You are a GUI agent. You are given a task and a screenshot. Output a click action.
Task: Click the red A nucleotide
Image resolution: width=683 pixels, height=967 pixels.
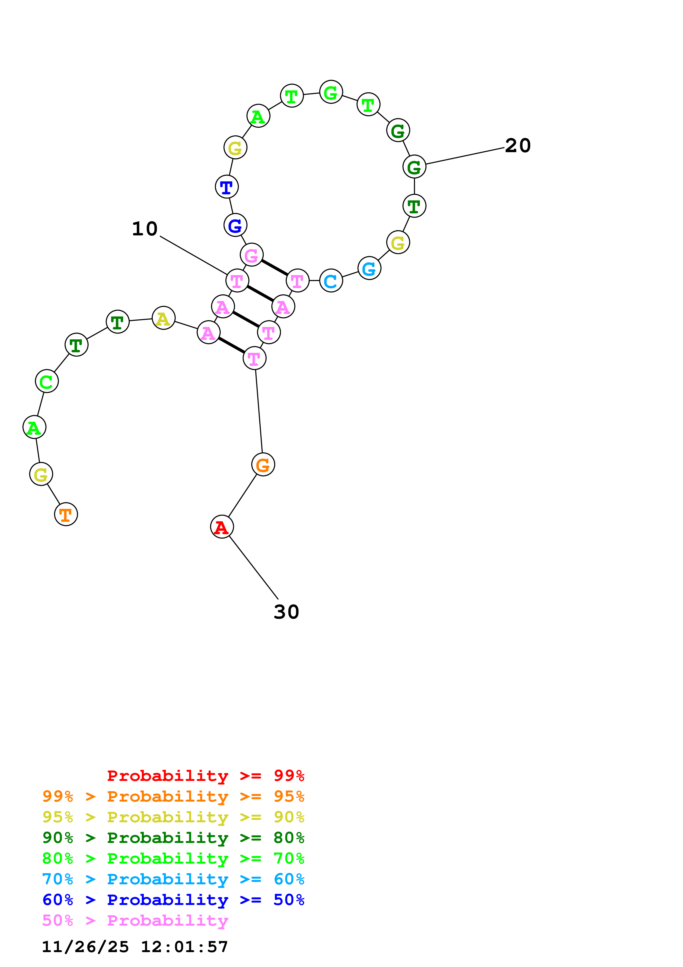pyautogui.click(x=222, y=527)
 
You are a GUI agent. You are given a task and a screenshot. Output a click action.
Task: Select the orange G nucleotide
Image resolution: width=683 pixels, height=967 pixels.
pyautogui.click(x=263, y=465)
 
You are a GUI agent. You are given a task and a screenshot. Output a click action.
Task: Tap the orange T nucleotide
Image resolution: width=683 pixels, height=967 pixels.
pyautogui.click(x=66, y=514)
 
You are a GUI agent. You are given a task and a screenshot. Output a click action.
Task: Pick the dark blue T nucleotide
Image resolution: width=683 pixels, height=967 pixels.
pyautogui.click(x=227, y=187)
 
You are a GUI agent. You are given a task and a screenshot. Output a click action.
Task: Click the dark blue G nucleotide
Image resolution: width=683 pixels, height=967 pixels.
pyautogui.click(x=235, y=225)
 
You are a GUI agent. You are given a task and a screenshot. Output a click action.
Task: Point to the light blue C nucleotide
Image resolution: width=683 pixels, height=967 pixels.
pyautogui.click(x=331, y=281)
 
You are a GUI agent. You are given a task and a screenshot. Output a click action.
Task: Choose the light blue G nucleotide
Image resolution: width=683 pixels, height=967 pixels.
pyautogui.click(x=369, y=268)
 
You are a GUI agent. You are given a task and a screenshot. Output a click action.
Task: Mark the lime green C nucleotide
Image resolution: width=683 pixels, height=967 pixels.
pyautogui.click(x=47, y=382)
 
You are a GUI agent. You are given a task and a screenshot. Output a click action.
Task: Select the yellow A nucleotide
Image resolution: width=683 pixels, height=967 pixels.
pyautogui.click(x=163, y=318)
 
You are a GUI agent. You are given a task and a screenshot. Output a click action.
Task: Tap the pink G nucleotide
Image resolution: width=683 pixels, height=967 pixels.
pyautogui.click(x=252, y=255)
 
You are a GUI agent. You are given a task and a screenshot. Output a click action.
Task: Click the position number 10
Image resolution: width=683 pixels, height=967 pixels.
pyautogui.click(x=145, y=229)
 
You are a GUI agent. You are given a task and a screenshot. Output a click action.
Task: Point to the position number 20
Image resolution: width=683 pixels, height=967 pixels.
pyautogui.click(x=518, y=146)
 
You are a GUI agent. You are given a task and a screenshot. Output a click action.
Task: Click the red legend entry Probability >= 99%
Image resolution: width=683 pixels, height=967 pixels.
pyautogui.click(x=205, y=775)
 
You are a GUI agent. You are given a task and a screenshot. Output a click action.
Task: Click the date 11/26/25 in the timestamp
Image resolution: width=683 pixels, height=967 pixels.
pyautogui.click(x=85, y=947)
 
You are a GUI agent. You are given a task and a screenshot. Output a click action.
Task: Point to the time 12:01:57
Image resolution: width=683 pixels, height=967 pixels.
pyautogui.click(x=184, y=947)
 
